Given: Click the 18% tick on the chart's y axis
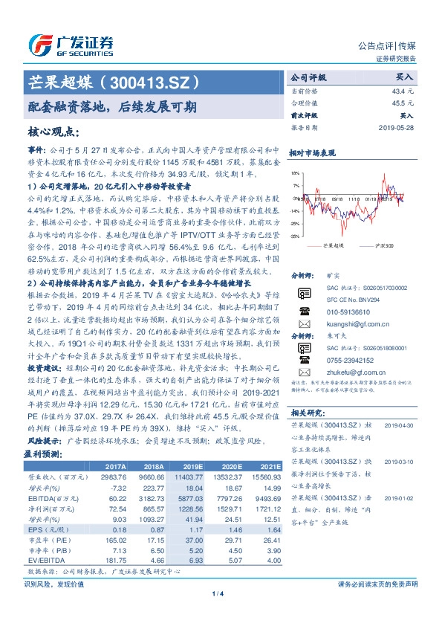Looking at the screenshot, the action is [295, 172].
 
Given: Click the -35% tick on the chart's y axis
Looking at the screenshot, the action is [294, 236].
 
